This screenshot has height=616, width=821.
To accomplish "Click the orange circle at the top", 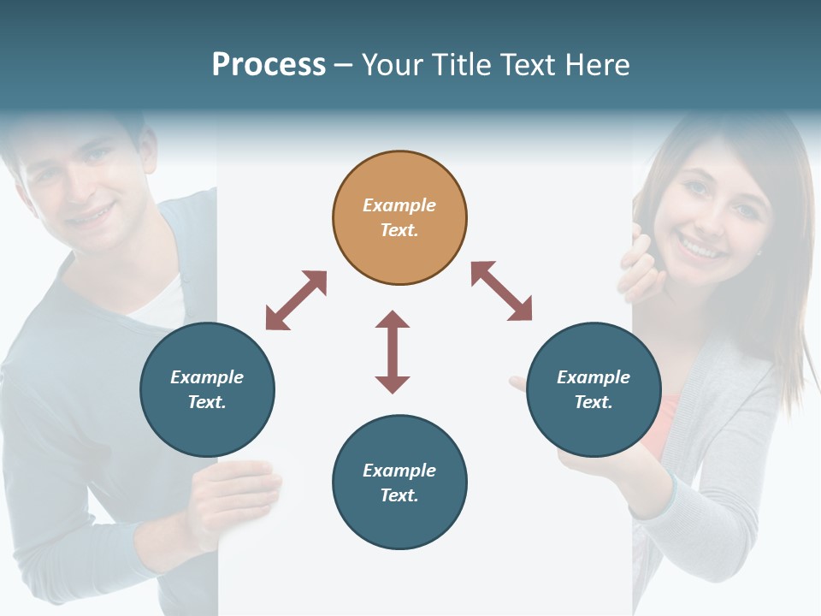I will coord(399,218).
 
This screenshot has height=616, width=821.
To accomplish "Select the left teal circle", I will coord(208,390).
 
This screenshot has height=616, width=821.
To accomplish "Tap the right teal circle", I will coord(594,390).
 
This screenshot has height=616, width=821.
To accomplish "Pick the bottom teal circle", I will coord(399,483).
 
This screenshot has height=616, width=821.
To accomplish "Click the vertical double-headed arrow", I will coord(393,352).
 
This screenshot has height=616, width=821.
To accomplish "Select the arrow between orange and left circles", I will coord(296,300).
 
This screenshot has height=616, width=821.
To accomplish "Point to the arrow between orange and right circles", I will coord(501,291).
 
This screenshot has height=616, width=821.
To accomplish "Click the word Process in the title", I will coord(269,65).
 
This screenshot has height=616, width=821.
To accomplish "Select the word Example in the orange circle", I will coord(399,205).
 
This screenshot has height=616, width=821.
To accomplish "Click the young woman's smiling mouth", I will coord(700,249).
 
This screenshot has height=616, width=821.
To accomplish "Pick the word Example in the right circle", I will coord(594,377).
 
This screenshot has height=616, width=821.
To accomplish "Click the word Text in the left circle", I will coord(206,402).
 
